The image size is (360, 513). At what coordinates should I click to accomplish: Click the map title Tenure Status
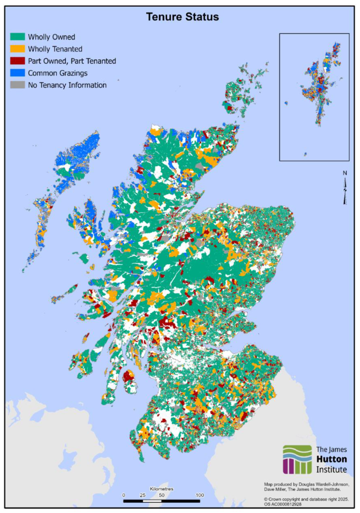coord(182,17)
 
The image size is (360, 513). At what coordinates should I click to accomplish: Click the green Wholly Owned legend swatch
coord(18,37)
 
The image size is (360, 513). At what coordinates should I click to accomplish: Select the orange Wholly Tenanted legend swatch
coord(18,49)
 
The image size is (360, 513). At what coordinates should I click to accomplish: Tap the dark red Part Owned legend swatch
coord(18,61)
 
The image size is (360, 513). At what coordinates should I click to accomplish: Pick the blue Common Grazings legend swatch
coord(18,73)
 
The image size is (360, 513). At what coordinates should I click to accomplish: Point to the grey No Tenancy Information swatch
coord(18,85)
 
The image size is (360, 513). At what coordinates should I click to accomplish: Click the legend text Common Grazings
coord(58,73)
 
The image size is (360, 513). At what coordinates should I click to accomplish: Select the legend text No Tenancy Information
coord(67,85)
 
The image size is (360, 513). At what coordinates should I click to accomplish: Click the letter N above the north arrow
coord(345,173)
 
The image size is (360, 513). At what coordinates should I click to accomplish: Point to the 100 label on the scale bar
coord(199,495)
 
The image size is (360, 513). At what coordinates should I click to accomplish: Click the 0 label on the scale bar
coord(123,495)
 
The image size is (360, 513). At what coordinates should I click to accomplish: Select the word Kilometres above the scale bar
coord(161,489)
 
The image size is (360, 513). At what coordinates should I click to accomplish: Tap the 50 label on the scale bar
coord(161,495)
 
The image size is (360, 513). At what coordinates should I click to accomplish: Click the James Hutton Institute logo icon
coord(297,459)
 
